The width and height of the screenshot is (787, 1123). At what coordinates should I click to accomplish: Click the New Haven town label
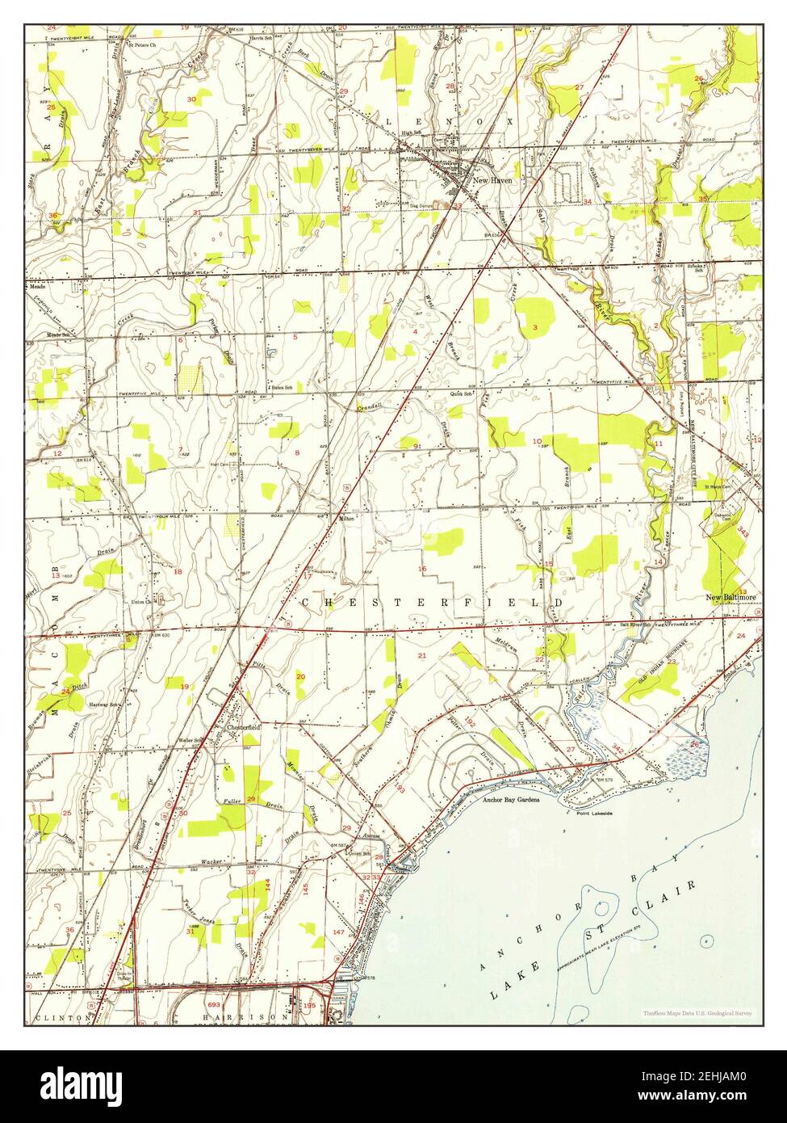tap(492, 180)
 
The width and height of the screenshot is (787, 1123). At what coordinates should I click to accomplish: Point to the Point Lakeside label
tap(595, 814)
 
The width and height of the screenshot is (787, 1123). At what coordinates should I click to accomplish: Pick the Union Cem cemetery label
tap(144, 602)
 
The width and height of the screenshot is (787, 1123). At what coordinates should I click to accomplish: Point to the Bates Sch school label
tap(281, 388)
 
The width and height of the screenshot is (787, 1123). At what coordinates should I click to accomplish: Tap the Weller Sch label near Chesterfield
tap(190, 739)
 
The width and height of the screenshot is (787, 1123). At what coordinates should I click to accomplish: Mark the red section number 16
tap(421, 569)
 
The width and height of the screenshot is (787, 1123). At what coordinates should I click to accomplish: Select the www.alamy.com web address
tap(712, 1099)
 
